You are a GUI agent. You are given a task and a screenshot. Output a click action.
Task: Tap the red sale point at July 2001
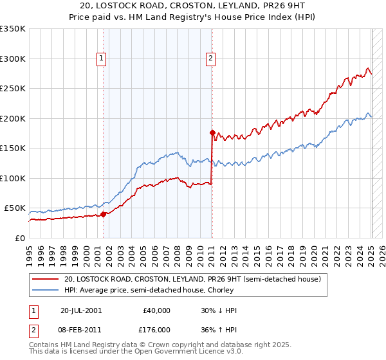point(104,214)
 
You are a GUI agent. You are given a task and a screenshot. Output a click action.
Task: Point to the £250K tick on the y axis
point(13,89)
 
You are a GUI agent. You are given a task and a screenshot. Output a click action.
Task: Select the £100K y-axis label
point(13,178)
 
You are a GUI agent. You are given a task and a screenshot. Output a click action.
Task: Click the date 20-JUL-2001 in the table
point(80,310)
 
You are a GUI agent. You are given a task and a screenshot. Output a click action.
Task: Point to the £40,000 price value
point(157,310)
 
